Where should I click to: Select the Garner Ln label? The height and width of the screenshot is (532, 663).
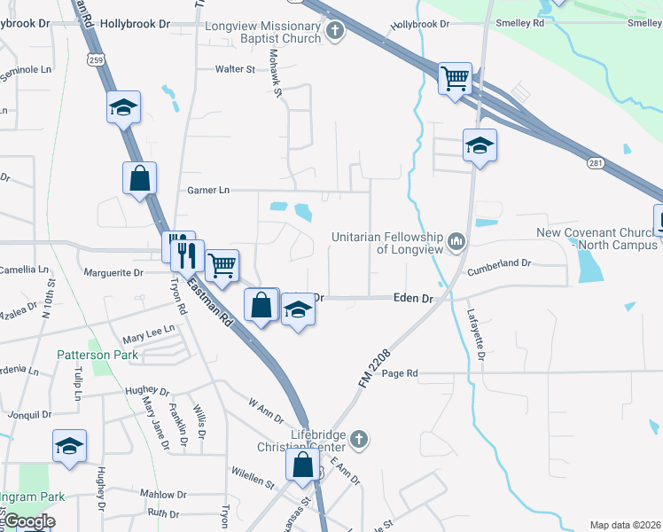208,190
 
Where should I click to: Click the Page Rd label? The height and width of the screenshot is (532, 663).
399,373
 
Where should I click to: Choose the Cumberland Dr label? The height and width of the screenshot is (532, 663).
501,263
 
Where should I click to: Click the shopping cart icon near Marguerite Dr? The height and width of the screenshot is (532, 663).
222,263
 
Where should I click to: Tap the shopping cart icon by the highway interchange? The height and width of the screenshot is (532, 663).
456,78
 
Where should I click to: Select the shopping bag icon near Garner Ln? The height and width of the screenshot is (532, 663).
140,178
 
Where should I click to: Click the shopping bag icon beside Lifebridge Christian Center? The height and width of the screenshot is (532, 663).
302,464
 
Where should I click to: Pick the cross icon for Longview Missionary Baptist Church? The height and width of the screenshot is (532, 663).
335,32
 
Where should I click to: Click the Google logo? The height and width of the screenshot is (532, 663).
28,521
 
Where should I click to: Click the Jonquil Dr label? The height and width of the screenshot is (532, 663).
28,414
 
